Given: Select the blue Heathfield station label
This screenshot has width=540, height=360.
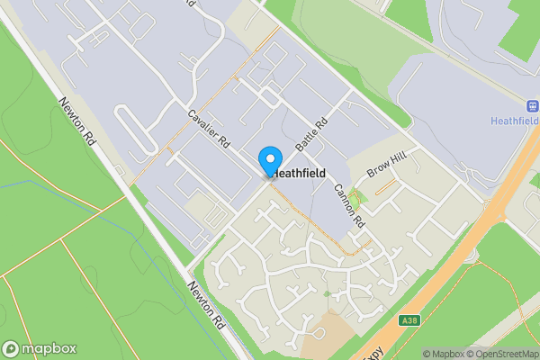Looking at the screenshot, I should pyautogui.click(x=516, y=120).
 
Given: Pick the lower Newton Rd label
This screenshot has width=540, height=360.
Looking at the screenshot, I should pyautogui.click(x=205, y=303).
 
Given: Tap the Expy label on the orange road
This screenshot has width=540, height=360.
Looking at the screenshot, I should pyautogui.click(x=371, y=349).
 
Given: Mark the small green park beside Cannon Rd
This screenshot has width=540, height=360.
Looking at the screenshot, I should pyautogui.click(x=353, y=199).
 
